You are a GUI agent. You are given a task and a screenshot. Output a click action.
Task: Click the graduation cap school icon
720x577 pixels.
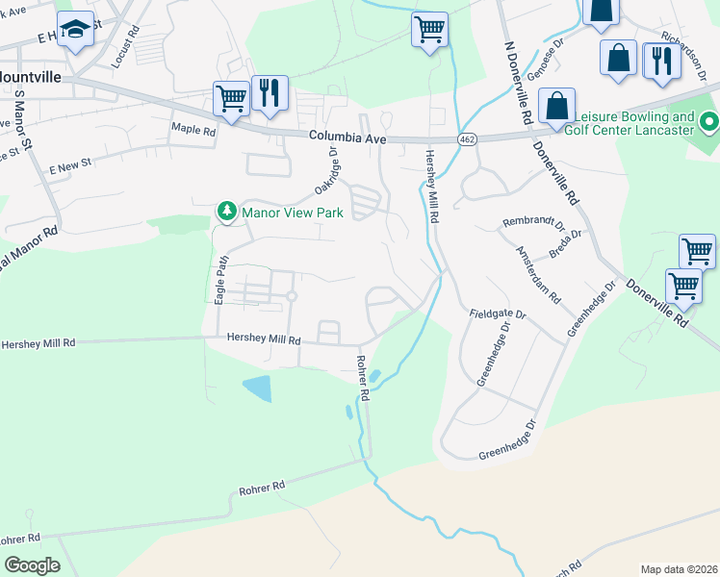point(74,29)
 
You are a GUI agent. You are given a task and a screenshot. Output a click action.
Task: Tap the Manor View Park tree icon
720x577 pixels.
point(226,211)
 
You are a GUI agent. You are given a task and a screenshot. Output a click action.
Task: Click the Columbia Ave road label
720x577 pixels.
point(347,138)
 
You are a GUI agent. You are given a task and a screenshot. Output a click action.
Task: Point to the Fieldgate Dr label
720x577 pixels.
point(498,314)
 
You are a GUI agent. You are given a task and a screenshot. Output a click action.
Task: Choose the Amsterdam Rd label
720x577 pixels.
point(539,275)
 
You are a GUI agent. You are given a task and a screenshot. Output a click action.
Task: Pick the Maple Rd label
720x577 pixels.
point(193,128)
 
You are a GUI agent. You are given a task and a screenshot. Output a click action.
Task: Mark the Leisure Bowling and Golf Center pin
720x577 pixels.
point(709,122)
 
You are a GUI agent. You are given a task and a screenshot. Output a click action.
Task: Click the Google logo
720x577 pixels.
point(31,565)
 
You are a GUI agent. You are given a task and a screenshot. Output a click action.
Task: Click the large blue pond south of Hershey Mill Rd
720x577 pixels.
point(257,389)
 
